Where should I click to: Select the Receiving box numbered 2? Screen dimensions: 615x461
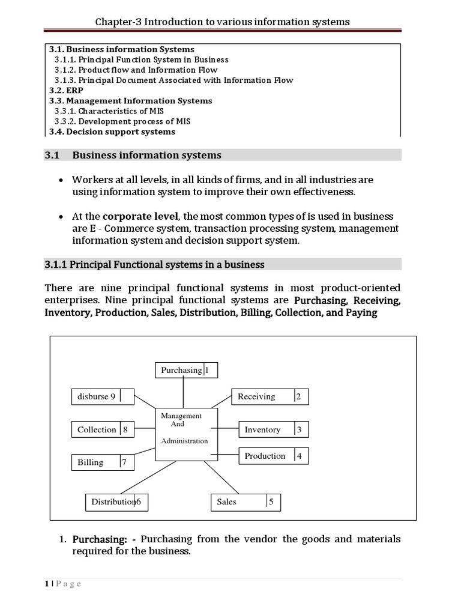pyautogui.click(x=271, y=396)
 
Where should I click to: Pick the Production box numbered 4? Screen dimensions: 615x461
pyautogui.click(x=274, y=456)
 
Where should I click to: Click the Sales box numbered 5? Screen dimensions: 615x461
pyautogui.click(x=246, y=501)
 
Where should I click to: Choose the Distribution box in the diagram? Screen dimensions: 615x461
pyautogui.click(x=116, y=501)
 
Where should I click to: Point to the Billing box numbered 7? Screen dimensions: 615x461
pyautogui.click(x=102, y=462)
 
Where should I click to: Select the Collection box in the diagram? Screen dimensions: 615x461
pyautogui.click(x=102, y=429)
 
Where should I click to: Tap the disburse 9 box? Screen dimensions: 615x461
pyautogui.click(x=102, y=396)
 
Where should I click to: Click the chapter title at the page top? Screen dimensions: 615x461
pyautogui.click(x=223, y=22)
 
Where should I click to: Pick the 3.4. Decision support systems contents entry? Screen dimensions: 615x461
pyautogui.click(x=112, y=132)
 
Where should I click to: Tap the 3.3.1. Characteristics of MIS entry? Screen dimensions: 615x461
pyautogui.click(x=109, y=111)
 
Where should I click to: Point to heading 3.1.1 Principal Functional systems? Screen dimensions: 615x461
pyautogui.click(x=154, y=264)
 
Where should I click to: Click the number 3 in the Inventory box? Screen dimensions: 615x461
pyautogui.click(x=299, y=429)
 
